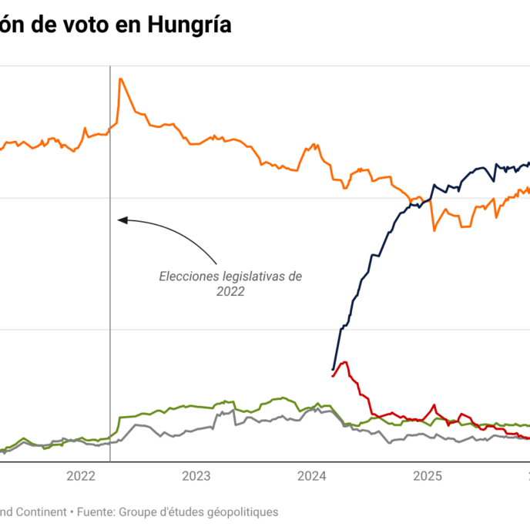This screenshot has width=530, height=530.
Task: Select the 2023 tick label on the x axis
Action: point(196,476)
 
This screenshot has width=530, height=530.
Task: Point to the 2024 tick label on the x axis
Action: point(312,476)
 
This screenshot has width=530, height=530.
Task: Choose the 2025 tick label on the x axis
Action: point(428,476)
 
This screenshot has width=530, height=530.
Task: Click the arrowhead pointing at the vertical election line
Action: point(120,220)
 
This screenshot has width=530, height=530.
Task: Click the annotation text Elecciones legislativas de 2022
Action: point(230,283)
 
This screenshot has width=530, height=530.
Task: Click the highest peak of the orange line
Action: point(120,79)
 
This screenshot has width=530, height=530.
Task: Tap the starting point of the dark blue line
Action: point(333,369)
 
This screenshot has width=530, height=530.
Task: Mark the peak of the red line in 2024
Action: point(344,361)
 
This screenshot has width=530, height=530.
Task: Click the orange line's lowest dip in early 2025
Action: point(434,230)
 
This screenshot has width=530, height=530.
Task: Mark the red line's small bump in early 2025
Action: point(435,405)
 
